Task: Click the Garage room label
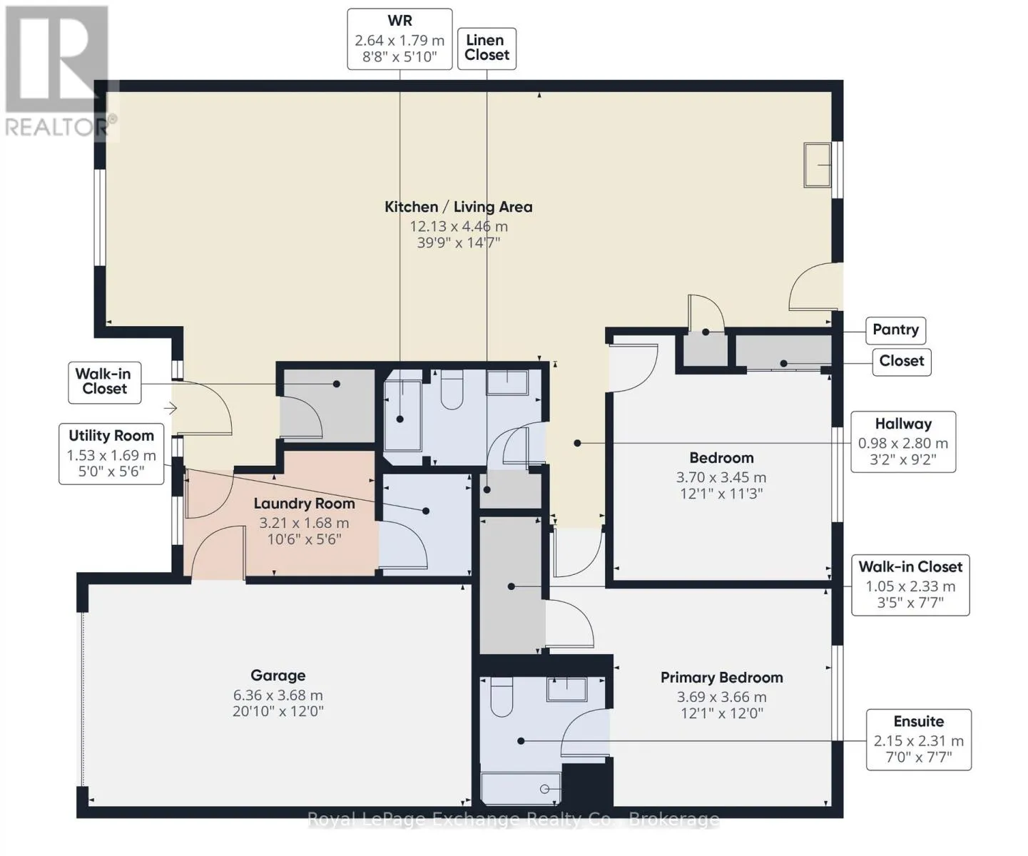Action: point(278,676)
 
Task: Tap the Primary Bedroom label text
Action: point(721,678)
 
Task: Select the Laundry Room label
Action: point(305,503)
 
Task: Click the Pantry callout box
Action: point(895,330)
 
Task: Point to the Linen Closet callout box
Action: point(487,49)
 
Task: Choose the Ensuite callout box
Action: point(919,739)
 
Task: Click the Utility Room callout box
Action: point(111,454)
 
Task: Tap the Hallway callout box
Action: point(903,442)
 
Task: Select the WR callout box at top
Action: point(400,39)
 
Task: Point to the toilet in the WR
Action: point(452,389)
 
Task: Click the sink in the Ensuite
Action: point(566,689)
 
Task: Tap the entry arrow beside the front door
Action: point(171,408)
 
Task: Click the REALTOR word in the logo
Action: point(55,128)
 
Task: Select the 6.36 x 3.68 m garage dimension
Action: point(278,695)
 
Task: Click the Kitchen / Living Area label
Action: point(459,207)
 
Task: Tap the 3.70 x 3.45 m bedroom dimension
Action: point(721,477)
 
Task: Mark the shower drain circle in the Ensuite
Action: point(544,789)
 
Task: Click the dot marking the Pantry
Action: point(706,332)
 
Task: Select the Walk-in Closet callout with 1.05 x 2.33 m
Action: point(911,585)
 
